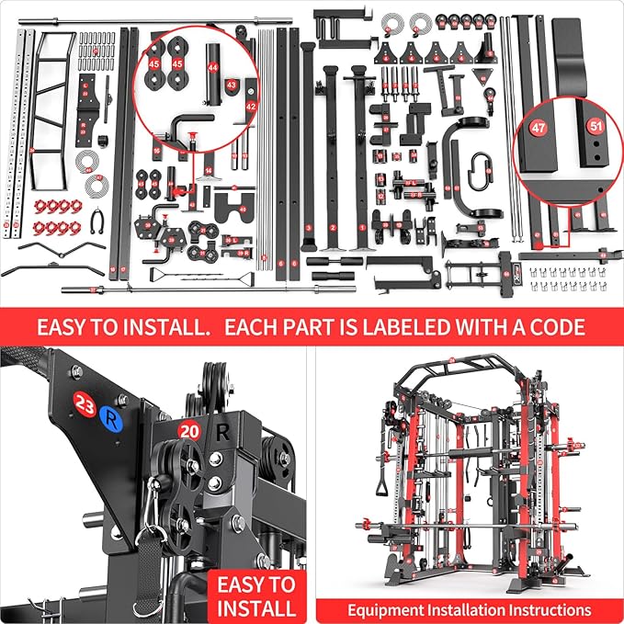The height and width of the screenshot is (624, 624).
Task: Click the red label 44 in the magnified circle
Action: (212, 68)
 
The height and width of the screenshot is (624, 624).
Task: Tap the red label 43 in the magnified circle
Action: (230, 85)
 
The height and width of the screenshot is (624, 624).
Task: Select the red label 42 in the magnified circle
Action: (250, 107)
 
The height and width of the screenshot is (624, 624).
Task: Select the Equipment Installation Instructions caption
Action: (469, 609)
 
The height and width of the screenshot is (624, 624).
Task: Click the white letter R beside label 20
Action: (222, 428)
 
